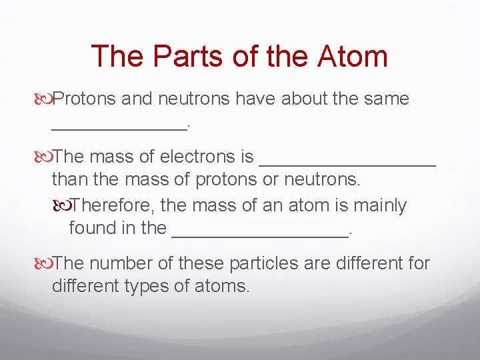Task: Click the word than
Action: tap(70, 179)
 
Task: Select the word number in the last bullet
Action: tap(126, 263)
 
